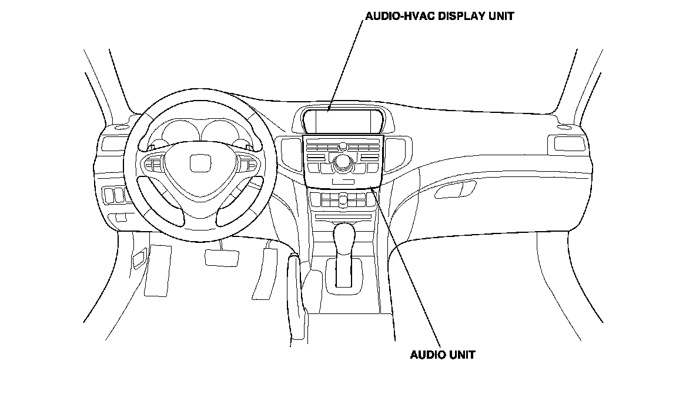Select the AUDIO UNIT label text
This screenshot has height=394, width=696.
(442, 354)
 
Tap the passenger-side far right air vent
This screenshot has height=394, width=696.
(563, 143)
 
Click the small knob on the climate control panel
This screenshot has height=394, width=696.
(342, 202)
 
